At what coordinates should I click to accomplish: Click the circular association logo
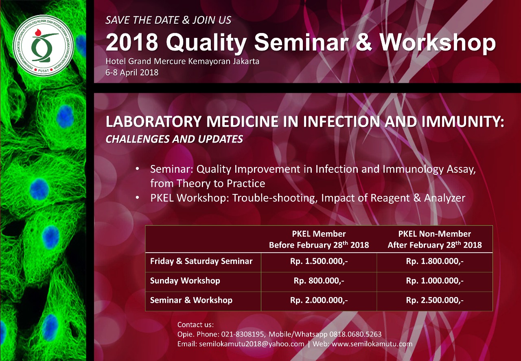click(x=44, y=46)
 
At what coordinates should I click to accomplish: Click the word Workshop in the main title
click(x=438, y=42)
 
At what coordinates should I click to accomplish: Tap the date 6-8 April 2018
click(x=132, y=73)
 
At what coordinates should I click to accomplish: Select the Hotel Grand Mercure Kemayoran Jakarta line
click(x=182, y=61)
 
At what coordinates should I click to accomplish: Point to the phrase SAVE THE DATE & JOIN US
click(x=169, y=20)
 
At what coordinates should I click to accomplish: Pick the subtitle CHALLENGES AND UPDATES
click(x=174, y=139)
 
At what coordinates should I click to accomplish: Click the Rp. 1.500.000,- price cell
click(x=319, y=261)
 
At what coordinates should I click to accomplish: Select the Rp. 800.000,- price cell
click(x=319, y=281)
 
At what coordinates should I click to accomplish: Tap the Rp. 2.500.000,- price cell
click(x=435, y=300)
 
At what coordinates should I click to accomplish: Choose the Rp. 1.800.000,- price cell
click(x=435, y=261)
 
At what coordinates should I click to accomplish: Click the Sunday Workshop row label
click(x=185, y=281)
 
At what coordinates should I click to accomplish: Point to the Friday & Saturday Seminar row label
click(x=201, y=261)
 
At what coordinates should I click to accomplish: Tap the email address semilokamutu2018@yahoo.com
click(x=252, y=344)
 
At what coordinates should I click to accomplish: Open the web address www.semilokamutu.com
click(x=372, y=344)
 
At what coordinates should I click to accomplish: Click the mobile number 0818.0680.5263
click(x=355, y=334)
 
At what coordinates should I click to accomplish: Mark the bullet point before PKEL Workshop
click(x=138, y=198)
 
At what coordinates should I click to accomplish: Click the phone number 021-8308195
click(x=242, y=334)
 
